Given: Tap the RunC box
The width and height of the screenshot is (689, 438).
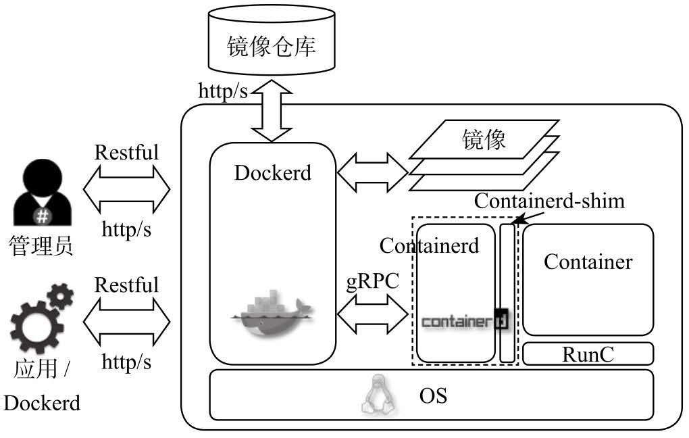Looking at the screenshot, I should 588,354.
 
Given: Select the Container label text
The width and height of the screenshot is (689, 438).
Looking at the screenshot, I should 588,262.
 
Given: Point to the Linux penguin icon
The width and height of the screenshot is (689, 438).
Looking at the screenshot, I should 378,395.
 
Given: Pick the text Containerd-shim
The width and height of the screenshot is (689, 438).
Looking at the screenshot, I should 549,201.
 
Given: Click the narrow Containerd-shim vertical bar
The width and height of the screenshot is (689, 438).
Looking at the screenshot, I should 507,293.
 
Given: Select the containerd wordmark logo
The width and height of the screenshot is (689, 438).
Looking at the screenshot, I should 464,320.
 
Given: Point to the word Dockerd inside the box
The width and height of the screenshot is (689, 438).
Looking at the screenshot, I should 272,172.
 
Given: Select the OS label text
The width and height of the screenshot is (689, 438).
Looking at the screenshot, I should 432,395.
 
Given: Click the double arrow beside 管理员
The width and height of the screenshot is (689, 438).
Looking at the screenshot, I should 126,191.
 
